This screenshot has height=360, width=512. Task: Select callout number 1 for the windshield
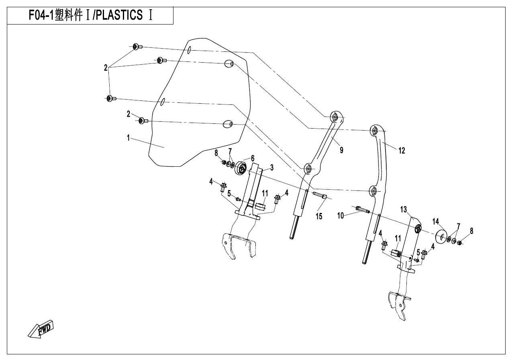click(128, 138)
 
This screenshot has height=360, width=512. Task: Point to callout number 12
click(402, 151)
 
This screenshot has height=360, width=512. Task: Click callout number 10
click(341, 216)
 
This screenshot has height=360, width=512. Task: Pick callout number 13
click(404, 209)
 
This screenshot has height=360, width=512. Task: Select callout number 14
click(436, 221)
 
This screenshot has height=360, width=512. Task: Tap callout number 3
click(272, 167)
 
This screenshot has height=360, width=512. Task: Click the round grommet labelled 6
click(241, 168)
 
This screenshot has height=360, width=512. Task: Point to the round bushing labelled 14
click(442, 236)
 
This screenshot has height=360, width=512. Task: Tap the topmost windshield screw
click(137, 47)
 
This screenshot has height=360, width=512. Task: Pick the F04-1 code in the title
click(43, 16)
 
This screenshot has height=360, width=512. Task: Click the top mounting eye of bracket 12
click(374, 130)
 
